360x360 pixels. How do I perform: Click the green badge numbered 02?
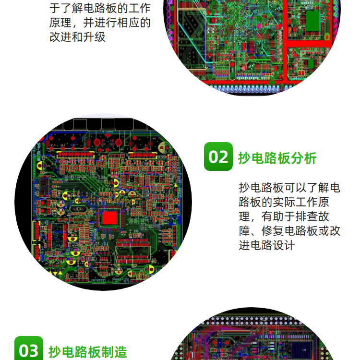point(218,156)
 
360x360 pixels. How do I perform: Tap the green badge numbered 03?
point(29,348)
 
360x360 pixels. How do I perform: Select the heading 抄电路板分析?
point(277,158)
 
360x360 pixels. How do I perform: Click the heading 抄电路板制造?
point(88,352)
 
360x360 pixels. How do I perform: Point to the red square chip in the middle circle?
point(109,218)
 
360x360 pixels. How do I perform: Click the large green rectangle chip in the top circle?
point(312,20)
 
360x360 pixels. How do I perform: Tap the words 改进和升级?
point(77,37)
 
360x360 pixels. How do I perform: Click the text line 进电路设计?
point(267,245)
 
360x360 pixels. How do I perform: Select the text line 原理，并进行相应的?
point(100,23)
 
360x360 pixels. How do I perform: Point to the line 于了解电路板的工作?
point(100,8)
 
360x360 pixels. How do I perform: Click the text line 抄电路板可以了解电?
point(289,188)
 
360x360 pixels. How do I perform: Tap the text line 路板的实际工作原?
point(284,202)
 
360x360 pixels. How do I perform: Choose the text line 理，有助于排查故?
point(284,216)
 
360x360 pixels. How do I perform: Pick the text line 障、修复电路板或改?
point(289,231)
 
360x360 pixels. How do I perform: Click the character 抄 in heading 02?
point(244,158)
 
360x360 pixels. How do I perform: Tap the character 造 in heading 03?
point(120,352)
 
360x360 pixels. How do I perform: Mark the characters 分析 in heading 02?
point(303,158)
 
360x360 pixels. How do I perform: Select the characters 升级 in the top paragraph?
point(95,37)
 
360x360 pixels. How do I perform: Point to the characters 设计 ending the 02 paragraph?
point(284,245)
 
